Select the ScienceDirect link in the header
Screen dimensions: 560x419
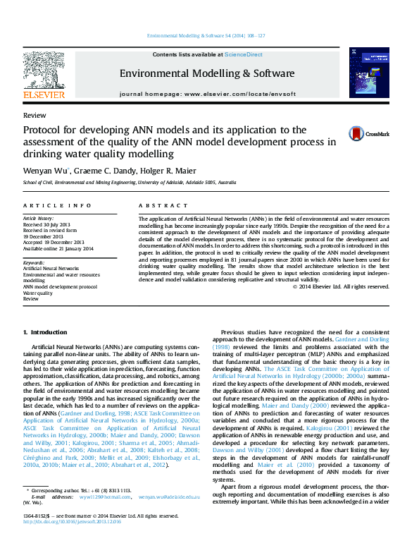click(x=244, y=54)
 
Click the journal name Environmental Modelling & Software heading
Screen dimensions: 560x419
click(x=206, y=73)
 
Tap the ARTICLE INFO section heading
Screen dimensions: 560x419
click(x=57, y=205)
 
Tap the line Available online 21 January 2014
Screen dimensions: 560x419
click(x=58, y=248)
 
